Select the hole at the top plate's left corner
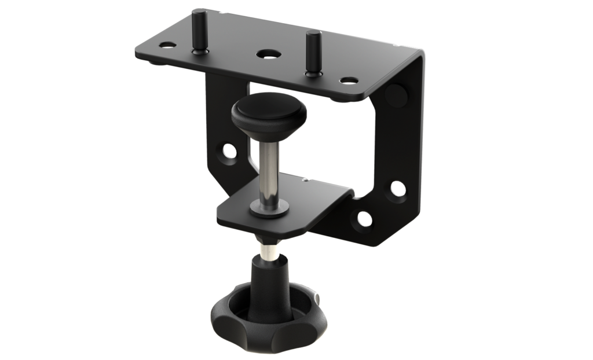(x=167, y=44)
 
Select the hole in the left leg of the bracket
(x=229, y=152)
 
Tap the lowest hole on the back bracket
(x=364, y=219)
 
